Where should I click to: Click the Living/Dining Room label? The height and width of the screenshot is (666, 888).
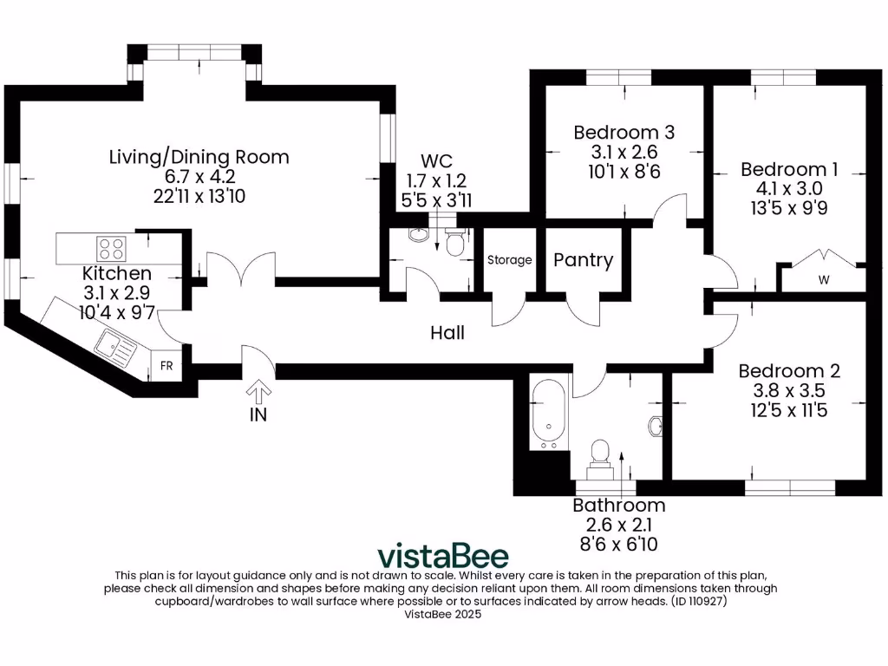[199, 157]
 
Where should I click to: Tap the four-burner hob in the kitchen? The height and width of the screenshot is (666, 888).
[111, 249]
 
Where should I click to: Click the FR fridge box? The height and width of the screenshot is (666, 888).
[166, 366]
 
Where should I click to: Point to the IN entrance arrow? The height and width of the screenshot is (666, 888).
[258, 393]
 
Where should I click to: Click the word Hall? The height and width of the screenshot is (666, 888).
[448, 332]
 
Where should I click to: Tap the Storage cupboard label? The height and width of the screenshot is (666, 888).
[509, 260]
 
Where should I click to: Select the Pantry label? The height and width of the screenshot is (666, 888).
[583, 260]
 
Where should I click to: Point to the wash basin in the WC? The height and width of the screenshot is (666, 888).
[417, 236]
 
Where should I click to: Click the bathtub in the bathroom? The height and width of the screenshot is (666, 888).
[548, 412]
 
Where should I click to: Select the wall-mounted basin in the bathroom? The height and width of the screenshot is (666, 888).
[656, 426]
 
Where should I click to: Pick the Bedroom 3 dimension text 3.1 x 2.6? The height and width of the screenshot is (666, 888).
[624, 152]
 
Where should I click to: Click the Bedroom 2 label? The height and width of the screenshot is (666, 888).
[789, 371]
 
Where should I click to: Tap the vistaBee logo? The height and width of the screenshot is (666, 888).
[442, 555]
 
